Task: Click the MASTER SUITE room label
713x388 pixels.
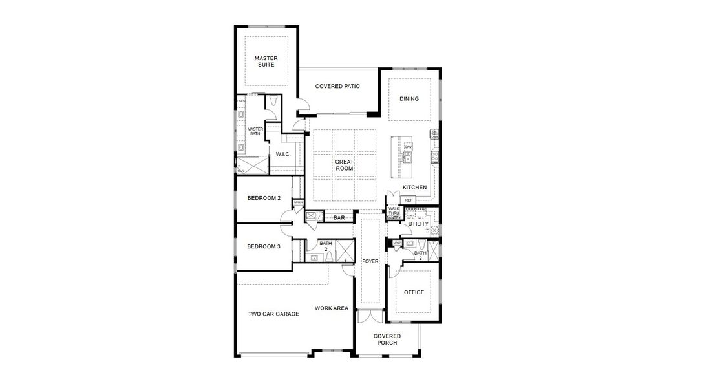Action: coord(266,61)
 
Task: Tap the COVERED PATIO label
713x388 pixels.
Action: coord(337,86)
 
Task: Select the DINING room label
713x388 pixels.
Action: coord(409,99)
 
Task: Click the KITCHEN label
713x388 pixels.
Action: coord(414,188)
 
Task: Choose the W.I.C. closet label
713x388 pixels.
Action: coord(282,154)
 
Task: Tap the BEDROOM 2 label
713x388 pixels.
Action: coord(264,198)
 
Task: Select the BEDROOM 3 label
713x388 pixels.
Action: coord(264,246)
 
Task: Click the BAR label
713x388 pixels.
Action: coord(339,218)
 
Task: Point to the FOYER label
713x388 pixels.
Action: coord(370,262)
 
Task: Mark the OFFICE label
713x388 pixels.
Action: coord(414,292)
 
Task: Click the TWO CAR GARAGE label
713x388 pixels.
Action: coord(273,314)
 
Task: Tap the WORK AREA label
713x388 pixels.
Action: coord(332,308)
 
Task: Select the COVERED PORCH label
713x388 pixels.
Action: coord(387,339)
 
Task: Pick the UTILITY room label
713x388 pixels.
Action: coord(418,224)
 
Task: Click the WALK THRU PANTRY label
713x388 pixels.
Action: coord(393,213)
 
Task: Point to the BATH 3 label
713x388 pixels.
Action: coord(420,255)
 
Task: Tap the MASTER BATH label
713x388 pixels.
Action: coord(255,131)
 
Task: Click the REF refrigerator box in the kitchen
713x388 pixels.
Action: coord(408,200)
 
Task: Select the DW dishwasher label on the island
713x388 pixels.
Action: coord(408,147)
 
